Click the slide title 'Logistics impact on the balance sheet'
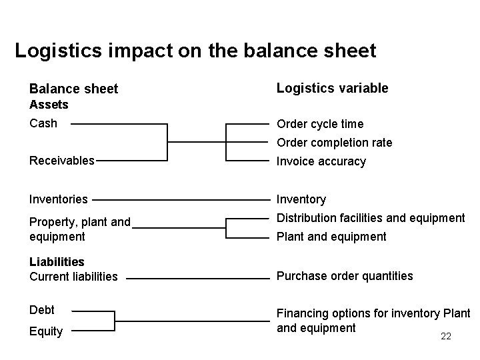(195, 51)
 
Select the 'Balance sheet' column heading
(73, 89)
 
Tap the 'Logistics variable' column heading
(332, 88)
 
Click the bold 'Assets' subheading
(49, 105)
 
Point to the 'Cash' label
(43, 123)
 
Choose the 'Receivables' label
(62, 160)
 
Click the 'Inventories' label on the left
(58, 199)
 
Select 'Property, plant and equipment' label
(80, 229)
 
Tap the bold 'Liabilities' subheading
(57, 262)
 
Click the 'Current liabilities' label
(73, 276)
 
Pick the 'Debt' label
(42, 310)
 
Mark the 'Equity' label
(46, 331)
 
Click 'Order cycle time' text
(320, 124)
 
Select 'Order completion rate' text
(334, 143)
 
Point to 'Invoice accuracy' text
(321, 161)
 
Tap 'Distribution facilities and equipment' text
(370, 218)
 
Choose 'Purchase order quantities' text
(344, 276)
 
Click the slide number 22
(446, 337)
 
